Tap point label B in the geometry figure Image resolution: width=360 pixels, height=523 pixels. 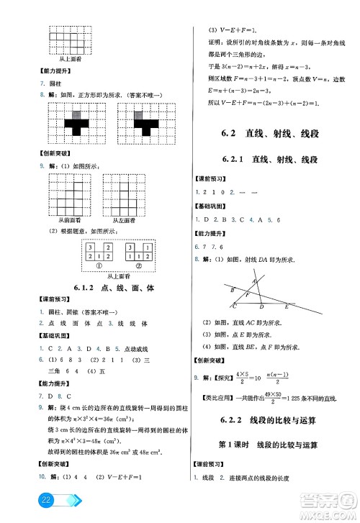tap(232, 289)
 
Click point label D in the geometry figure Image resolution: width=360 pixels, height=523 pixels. tap(261, 306)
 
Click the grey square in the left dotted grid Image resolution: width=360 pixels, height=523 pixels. tap(76, 113)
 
